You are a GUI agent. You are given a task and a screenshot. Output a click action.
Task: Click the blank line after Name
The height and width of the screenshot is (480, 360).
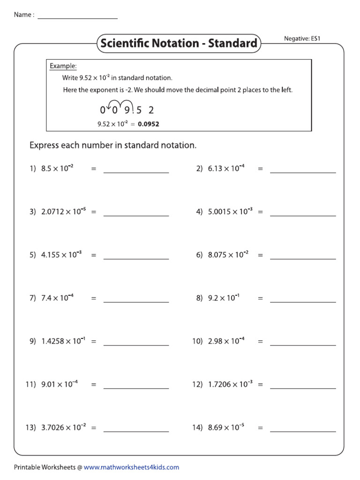[77, 18]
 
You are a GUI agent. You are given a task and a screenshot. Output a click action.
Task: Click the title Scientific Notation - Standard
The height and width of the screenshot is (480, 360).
[178, 44]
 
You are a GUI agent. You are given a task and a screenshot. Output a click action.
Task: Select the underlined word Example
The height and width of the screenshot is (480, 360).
[63, 66]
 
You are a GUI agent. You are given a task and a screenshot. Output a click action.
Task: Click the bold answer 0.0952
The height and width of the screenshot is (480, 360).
[149, 124]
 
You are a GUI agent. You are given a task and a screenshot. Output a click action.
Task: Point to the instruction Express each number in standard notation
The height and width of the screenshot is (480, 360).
[113, 145]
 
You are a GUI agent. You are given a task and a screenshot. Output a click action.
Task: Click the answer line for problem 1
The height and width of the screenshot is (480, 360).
[136, 172]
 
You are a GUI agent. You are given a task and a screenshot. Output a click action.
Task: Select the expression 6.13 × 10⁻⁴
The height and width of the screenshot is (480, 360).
[226, 169]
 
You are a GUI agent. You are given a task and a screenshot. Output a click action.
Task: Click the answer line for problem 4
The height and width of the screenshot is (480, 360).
[303, 215]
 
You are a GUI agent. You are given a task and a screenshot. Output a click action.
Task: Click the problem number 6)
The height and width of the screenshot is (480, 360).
[199, 255]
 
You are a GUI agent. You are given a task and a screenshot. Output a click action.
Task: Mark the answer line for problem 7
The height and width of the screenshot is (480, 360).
[136, 301]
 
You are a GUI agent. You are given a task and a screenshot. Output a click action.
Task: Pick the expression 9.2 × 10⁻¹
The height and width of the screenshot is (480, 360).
[224, 298]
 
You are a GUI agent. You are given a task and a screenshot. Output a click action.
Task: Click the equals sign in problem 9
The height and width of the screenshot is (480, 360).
[93, 342]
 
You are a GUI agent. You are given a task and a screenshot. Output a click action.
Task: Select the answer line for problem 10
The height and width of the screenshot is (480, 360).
[303, 345]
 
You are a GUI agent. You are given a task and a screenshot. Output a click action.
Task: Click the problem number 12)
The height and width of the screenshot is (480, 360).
[197, 384]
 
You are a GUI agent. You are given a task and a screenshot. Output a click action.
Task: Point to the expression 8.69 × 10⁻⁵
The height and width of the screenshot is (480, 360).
[226, 427]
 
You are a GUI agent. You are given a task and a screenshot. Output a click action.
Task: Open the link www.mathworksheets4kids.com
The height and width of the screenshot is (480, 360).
[131, 467]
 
